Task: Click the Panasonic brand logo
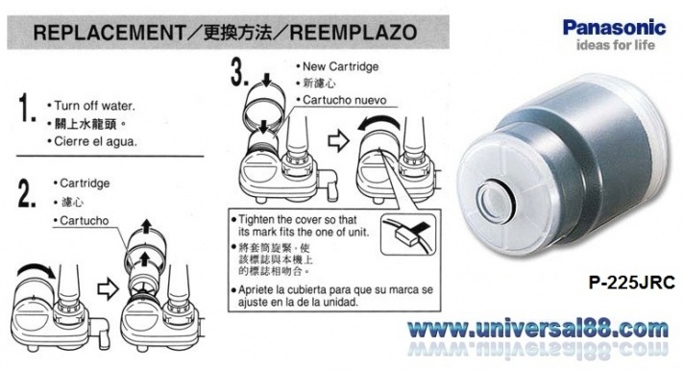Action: click(614, 28)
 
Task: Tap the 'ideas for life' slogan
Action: click(616, 45)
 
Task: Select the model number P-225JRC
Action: click(631, 283)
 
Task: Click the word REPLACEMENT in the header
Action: click(110, 33)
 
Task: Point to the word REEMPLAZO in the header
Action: click(354, 33)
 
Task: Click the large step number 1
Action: click(27, 109)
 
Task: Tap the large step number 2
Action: click(27, 193)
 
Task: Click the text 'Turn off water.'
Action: click(94, 106)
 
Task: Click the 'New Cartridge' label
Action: click(340, 66)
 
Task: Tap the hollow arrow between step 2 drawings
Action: click(108, 289)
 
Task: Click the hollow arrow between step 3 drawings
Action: click(338, 141)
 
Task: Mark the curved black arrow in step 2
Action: click(35, 269)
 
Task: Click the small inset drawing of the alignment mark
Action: click(408, 235)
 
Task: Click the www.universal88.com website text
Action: click(538, 329)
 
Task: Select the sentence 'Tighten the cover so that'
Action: click(298, 219)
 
